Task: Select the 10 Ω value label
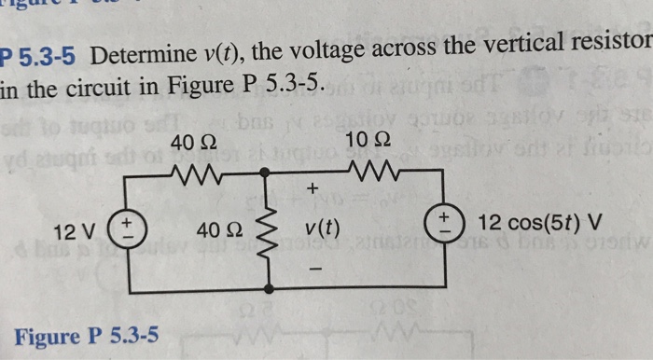361,142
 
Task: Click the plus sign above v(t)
313,190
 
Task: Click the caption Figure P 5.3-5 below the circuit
86,334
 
